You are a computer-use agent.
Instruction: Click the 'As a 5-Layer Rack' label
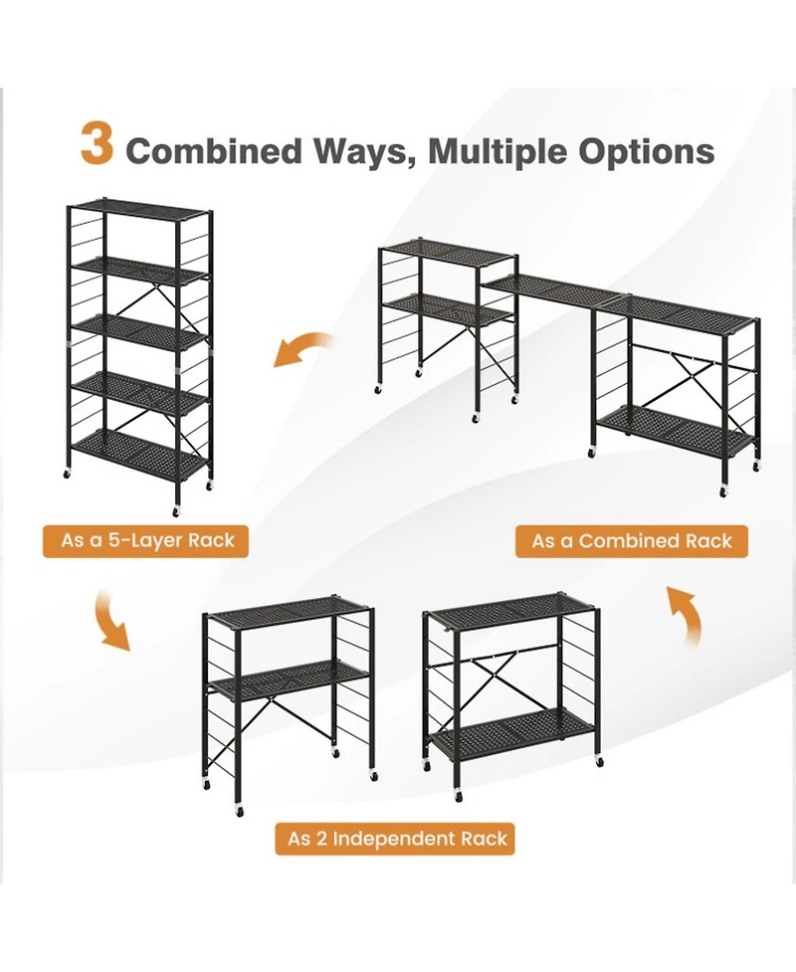[148, 540]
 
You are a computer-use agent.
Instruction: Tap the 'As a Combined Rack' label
[632, 541]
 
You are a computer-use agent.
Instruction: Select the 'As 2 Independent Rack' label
[398, 839]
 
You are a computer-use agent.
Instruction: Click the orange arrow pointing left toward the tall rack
[304, 351]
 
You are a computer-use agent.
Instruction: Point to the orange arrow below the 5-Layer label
[110, 619]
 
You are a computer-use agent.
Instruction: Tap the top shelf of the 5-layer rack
[138, 211]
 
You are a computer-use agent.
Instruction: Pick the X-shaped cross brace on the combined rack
[678, 369]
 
